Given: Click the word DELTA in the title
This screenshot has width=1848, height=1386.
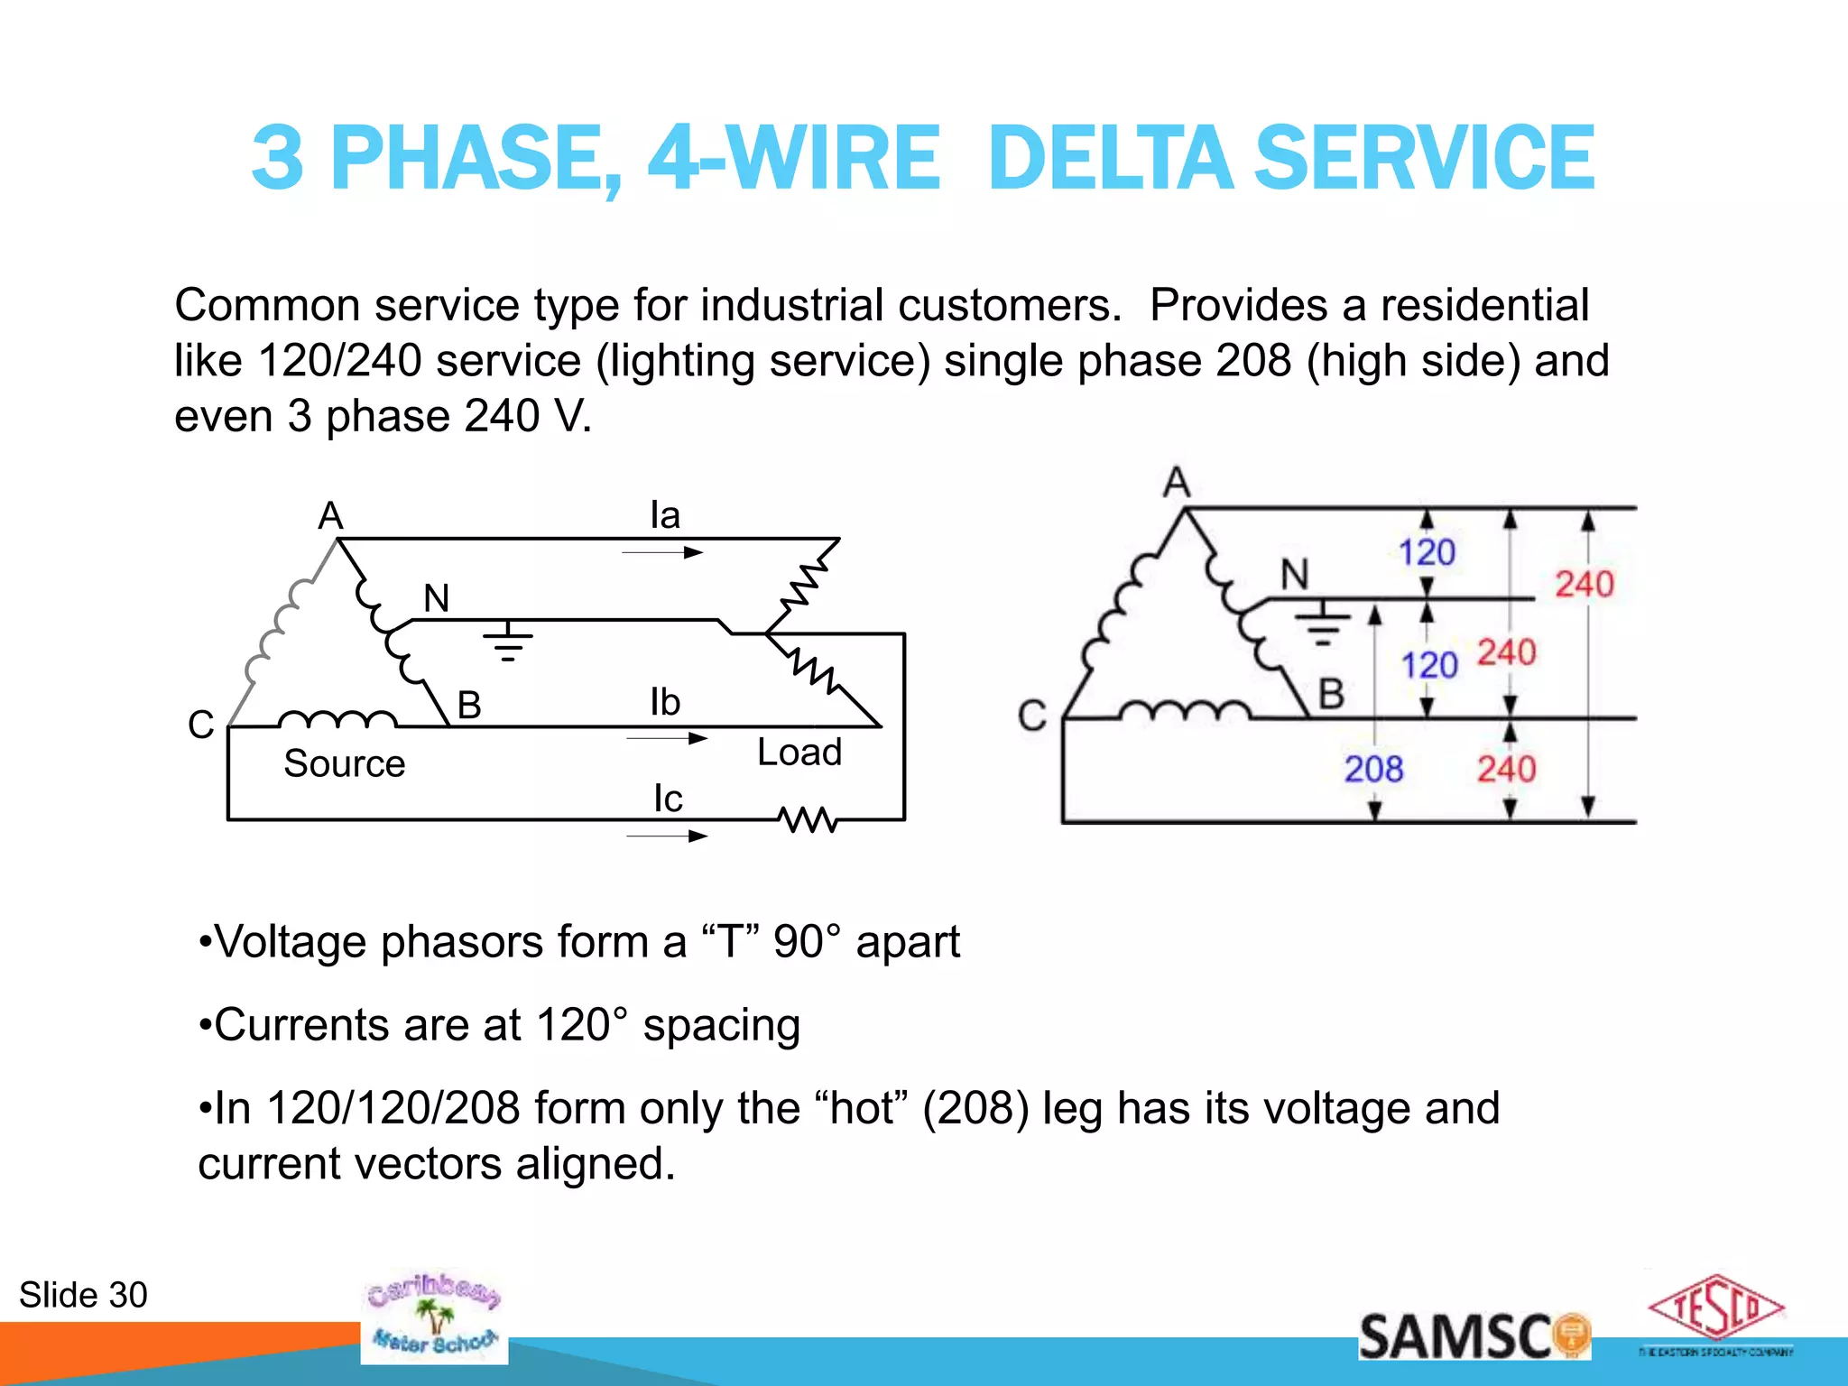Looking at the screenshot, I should tap(1111, 159).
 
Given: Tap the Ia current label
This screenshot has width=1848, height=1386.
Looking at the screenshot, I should tap(665, 516).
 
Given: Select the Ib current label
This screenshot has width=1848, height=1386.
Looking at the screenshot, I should tap(665, 703).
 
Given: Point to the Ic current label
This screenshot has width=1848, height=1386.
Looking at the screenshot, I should tap(668, 799).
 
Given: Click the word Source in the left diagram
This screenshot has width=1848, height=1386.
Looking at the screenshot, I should tap(344, 764).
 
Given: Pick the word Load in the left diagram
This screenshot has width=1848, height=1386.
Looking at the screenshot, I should tap(799, 753).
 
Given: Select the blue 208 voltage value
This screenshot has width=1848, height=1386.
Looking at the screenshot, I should tap(1373, 770).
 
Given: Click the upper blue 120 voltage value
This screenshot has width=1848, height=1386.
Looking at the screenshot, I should tap(1427, 552).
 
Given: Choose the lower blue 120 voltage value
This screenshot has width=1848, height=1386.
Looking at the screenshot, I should tap(1429, 666).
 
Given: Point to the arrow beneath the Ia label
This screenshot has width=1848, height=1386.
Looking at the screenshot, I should tap(663, 552).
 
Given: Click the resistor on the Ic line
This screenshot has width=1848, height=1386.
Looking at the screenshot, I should tap(808, 820).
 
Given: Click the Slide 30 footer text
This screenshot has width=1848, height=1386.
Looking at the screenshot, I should tap(83, 1296).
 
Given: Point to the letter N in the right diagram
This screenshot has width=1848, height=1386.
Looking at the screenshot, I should tap(1295, 575).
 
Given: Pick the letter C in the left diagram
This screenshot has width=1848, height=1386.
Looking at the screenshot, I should tap(200, 725).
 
